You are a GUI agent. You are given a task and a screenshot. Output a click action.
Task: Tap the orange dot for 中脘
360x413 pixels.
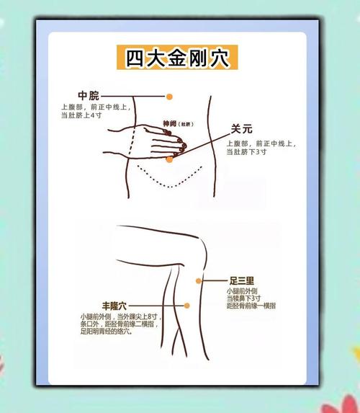pyautogui.click(x=169, y=96)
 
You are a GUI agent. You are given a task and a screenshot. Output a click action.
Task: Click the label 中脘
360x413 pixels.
pyautogui.click(x=89, y=96)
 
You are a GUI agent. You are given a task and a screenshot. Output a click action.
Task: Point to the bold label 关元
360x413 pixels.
pyautogui.click(x=241, y=130)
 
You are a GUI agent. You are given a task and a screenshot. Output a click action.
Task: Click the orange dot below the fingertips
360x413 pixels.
pyautogui.click(x=169, y=159)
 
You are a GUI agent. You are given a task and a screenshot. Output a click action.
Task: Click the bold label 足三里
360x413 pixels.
pyautogui.click(x=241, y=280)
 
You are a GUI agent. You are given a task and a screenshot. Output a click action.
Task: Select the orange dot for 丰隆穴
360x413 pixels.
pyautogui.click(x=186, y=306)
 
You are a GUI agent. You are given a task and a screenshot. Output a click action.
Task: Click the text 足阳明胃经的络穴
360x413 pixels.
pyautogui.click(x=106, y=332)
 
